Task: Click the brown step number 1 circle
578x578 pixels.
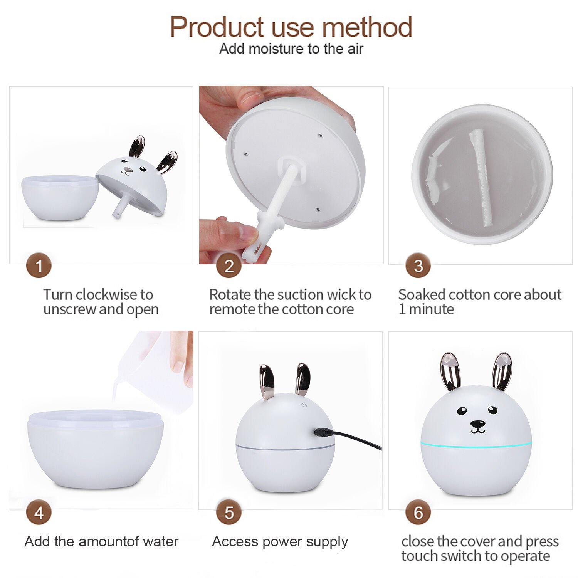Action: [39, 265]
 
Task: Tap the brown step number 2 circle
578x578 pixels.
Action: [229, 265]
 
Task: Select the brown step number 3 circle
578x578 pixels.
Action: [418, 265]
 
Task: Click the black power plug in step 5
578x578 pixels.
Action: [324, 432]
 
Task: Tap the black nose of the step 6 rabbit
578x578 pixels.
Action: [478, 424]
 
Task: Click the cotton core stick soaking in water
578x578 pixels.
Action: [480, 178]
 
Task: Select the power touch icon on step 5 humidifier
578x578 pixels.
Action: [304, 405]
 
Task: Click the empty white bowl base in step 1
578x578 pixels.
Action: [60, 198]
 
